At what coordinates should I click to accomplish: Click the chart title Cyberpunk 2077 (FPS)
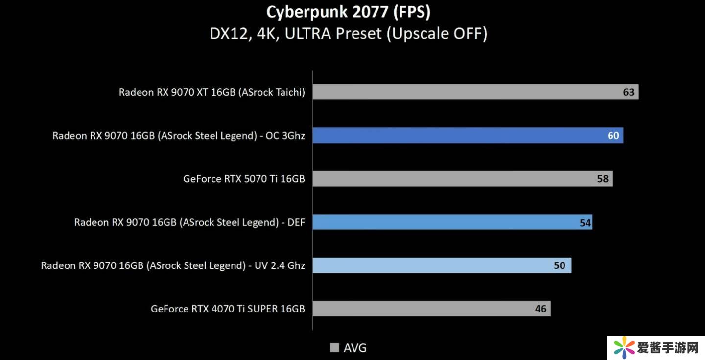pyautogui.click(x=348, y=12)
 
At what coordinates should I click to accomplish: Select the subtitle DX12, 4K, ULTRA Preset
pyautogui.click(x=348, y=34)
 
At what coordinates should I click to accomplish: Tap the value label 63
pyautogui.click(x=628, y=92)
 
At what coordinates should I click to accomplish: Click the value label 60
pyautogui.click(x=613, y=136)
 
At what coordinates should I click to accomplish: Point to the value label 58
pyautogui.click(x=603, y=179)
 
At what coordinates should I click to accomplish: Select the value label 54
pyautogui.click(x=585, y=223)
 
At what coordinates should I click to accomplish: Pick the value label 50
pyautogui.click(x=559, y=265)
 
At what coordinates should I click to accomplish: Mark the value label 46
pyautogui.click(x=540, y=309)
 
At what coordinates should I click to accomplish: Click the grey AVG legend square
pyautogui.click(x=335, y=348)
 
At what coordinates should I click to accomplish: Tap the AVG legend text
pyautogui.click(x=355, y=348)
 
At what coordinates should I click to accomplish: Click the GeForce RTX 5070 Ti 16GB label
pyautogui.click(x=244, y=179)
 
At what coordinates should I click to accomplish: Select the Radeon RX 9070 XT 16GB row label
pyautogui.click(x=211, y=92)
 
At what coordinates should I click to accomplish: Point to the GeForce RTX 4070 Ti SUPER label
pyautogui.click(x=228, y=309)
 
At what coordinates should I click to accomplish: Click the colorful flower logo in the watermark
pyautogui.click(x=624, y=348)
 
